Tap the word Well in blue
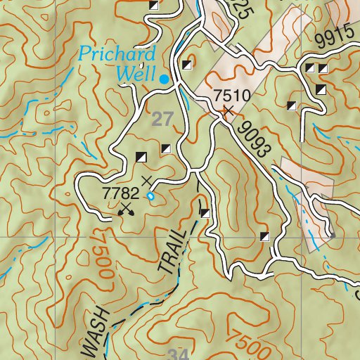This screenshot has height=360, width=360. pos(136,70)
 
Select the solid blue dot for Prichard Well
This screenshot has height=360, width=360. pos(164,79)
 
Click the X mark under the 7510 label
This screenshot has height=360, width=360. pos(226,110)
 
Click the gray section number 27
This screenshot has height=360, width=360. pos(162,120)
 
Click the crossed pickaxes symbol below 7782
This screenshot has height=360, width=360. pos(127,208)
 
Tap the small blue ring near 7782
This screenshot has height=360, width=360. pos(150,197)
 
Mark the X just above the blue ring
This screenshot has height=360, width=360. pos(146,181)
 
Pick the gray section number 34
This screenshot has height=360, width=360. pos(179,352)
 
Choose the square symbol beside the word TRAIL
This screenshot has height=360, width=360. pos(205,213)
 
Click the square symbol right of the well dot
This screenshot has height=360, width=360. pos(186,66)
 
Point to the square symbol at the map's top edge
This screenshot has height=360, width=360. pos(153,5)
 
